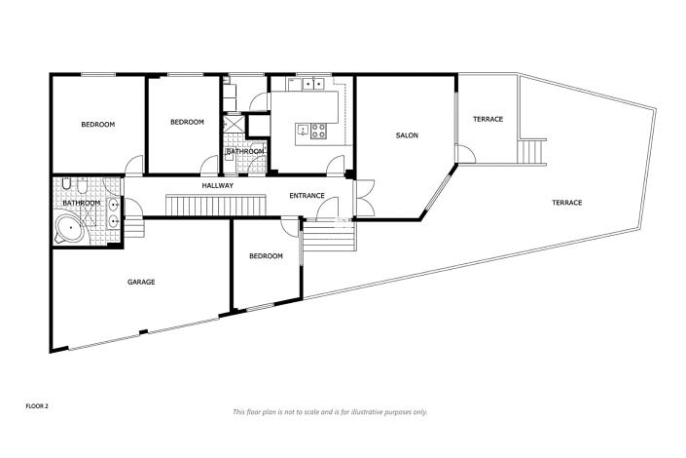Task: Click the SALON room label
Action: tap(407, 135)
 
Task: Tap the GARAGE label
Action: tap(141, 282)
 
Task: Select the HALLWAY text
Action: tap(217, 185)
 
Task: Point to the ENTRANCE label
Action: tap(307, 196)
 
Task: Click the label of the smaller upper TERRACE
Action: tap(487, 119)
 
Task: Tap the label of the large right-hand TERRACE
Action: tap(566, 203)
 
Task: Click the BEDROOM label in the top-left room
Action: tap(97, 124)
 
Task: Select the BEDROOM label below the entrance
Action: tap(266, 256)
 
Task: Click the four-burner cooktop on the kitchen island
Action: tap(318, 129)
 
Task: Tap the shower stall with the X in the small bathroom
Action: tap(234, 126)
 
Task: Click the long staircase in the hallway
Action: tap(215, 206)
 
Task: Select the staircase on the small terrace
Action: tap(533, 152)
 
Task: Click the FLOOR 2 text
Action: tap(38, 402)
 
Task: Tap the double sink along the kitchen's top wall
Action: tap(310, 84)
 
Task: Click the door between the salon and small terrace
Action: tap(464, 154)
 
